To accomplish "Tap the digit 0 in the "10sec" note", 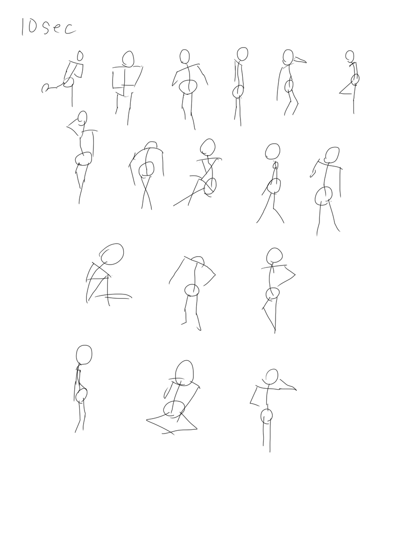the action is tap(32, 27).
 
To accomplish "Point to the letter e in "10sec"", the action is tap(57, 29).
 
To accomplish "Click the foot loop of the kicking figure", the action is tap(45, 88).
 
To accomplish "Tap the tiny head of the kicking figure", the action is tap(80, 56).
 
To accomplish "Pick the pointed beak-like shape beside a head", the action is tap(300, 60).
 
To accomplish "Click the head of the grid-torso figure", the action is tap(128, 59).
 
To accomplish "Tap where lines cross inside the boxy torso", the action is tap(124, 86).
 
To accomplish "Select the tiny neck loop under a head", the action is tap(275, 165).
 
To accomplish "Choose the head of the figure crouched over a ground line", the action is tap(112, 254).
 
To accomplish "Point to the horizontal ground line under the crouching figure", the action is tap(113, 296).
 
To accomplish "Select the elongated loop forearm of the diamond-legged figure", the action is tap(167, 392).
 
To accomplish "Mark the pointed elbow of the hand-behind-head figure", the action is tap(67, 126).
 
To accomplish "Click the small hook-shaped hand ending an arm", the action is tap(313, 174).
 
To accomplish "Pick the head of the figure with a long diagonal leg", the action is tap(208, 147).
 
